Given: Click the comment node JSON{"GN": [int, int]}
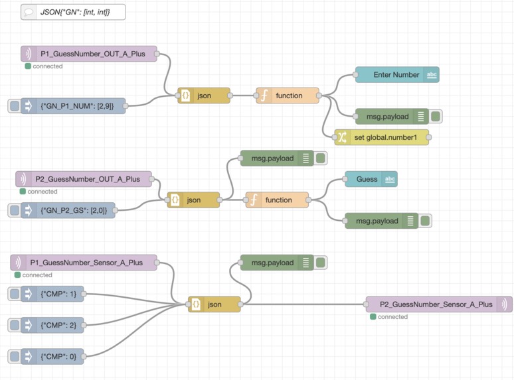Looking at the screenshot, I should tap(72, 12).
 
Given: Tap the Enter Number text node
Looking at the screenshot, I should tap(396, 75).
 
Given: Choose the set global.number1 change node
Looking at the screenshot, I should tap(381, 137).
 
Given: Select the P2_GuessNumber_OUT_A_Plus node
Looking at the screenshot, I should tap(84, 179).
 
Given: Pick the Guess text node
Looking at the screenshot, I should tap(371, 179).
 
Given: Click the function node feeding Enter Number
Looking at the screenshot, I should tap(288, 95).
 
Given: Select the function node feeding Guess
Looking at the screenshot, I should tap(278, 200).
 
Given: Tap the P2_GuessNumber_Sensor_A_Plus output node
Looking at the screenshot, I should tap(438, 304).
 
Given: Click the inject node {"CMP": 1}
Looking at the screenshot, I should tap(52, 294).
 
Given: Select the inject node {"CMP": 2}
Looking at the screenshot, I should tap(52, 325).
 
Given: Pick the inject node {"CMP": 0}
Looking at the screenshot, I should tap(52, 356).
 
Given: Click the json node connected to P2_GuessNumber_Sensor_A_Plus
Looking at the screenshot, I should tap(214, 304).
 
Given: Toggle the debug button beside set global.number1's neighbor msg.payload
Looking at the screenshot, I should tap(436, 117).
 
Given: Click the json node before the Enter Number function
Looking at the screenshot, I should tap(203, 95).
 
